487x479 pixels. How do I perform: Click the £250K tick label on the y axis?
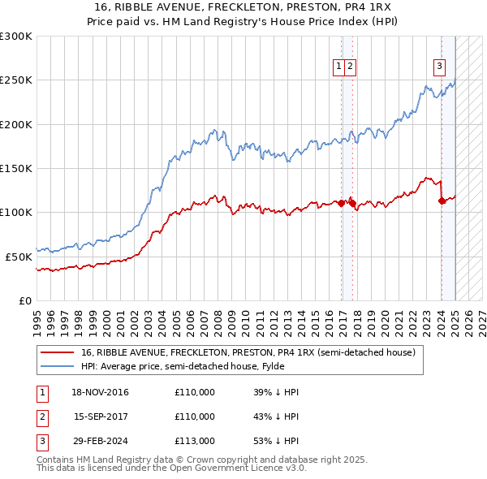[x=16, y=80]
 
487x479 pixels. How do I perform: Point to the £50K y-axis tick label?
[x=19, y=256]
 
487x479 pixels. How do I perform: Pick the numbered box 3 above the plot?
[x=439, y=67]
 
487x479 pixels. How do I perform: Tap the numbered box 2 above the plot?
[x=349, y=67]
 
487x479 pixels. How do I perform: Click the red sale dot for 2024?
[x=442, y=201]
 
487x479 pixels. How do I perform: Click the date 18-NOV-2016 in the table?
[x=100, y=392]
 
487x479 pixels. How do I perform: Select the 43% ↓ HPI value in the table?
[x=276, y=416]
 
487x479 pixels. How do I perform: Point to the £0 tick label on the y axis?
[x=24, y=300]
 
